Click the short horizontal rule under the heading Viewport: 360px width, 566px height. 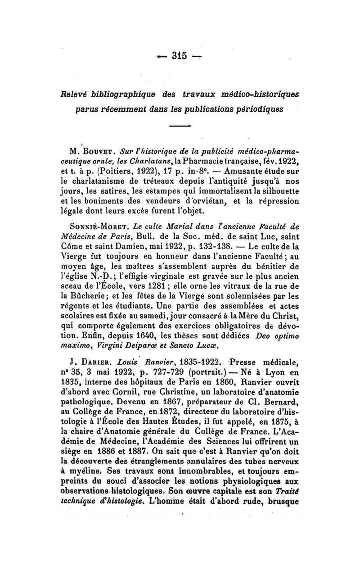tap(180, 127)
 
